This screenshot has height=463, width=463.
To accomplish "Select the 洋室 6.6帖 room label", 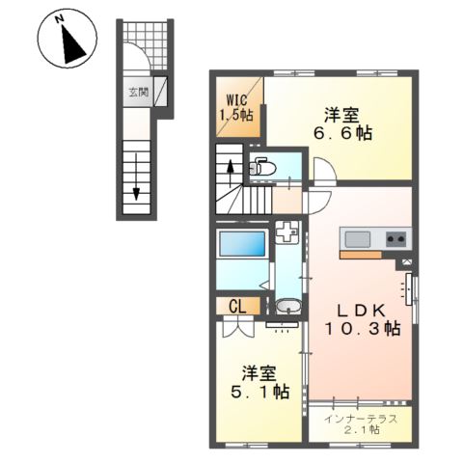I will [x=345, y=124].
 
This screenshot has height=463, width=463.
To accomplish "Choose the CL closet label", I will [x=235, y=308].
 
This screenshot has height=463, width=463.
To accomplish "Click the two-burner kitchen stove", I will [x=396, y=238].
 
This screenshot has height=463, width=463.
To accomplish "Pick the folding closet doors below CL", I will [x=234, y=326].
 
